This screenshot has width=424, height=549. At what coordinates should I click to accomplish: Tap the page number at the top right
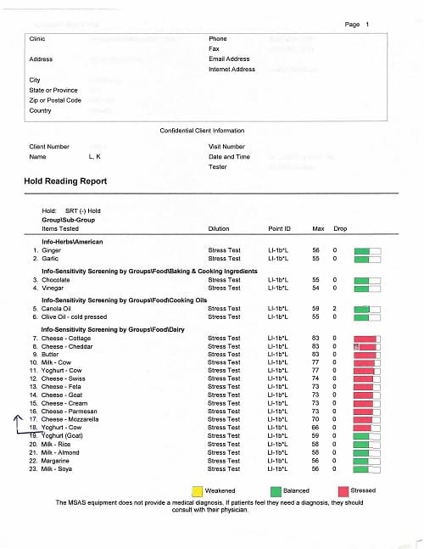[357, 25]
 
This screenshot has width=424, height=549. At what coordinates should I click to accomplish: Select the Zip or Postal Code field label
[55, 100]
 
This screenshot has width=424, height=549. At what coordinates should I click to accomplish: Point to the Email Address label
[229, 59]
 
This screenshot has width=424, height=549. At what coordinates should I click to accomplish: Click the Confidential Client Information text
[202, 131]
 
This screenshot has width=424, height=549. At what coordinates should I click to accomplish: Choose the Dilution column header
[218, 228]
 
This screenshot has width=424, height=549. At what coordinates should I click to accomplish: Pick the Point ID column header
[279, 228]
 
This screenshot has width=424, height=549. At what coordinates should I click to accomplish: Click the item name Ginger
[51, 250]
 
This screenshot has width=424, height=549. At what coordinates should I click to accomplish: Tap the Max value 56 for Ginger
[315, 250]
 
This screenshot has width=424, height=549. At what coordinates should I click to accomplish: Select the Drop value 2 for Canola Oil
[334, 309]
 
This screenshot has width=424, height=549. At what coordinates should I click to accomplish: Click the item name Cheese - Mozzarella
[70, 419]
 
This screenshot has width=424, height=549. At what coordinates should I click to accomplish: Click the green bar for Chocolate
[361, 280]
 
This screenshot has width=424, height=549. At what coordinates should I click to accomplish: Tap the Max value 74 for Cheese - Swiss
[315, 378]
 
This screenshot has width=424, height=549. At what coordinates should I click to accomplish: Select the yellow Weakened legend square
[197, 490]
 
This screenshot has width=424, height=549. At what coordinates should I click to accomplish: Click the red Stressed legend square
[343, 490]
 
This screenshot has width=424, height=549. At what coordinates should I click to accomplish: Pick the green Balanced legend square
[276, 490]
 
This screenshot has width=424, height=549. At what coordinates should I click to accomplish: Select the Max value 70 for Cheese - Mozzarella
[315, 419]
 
